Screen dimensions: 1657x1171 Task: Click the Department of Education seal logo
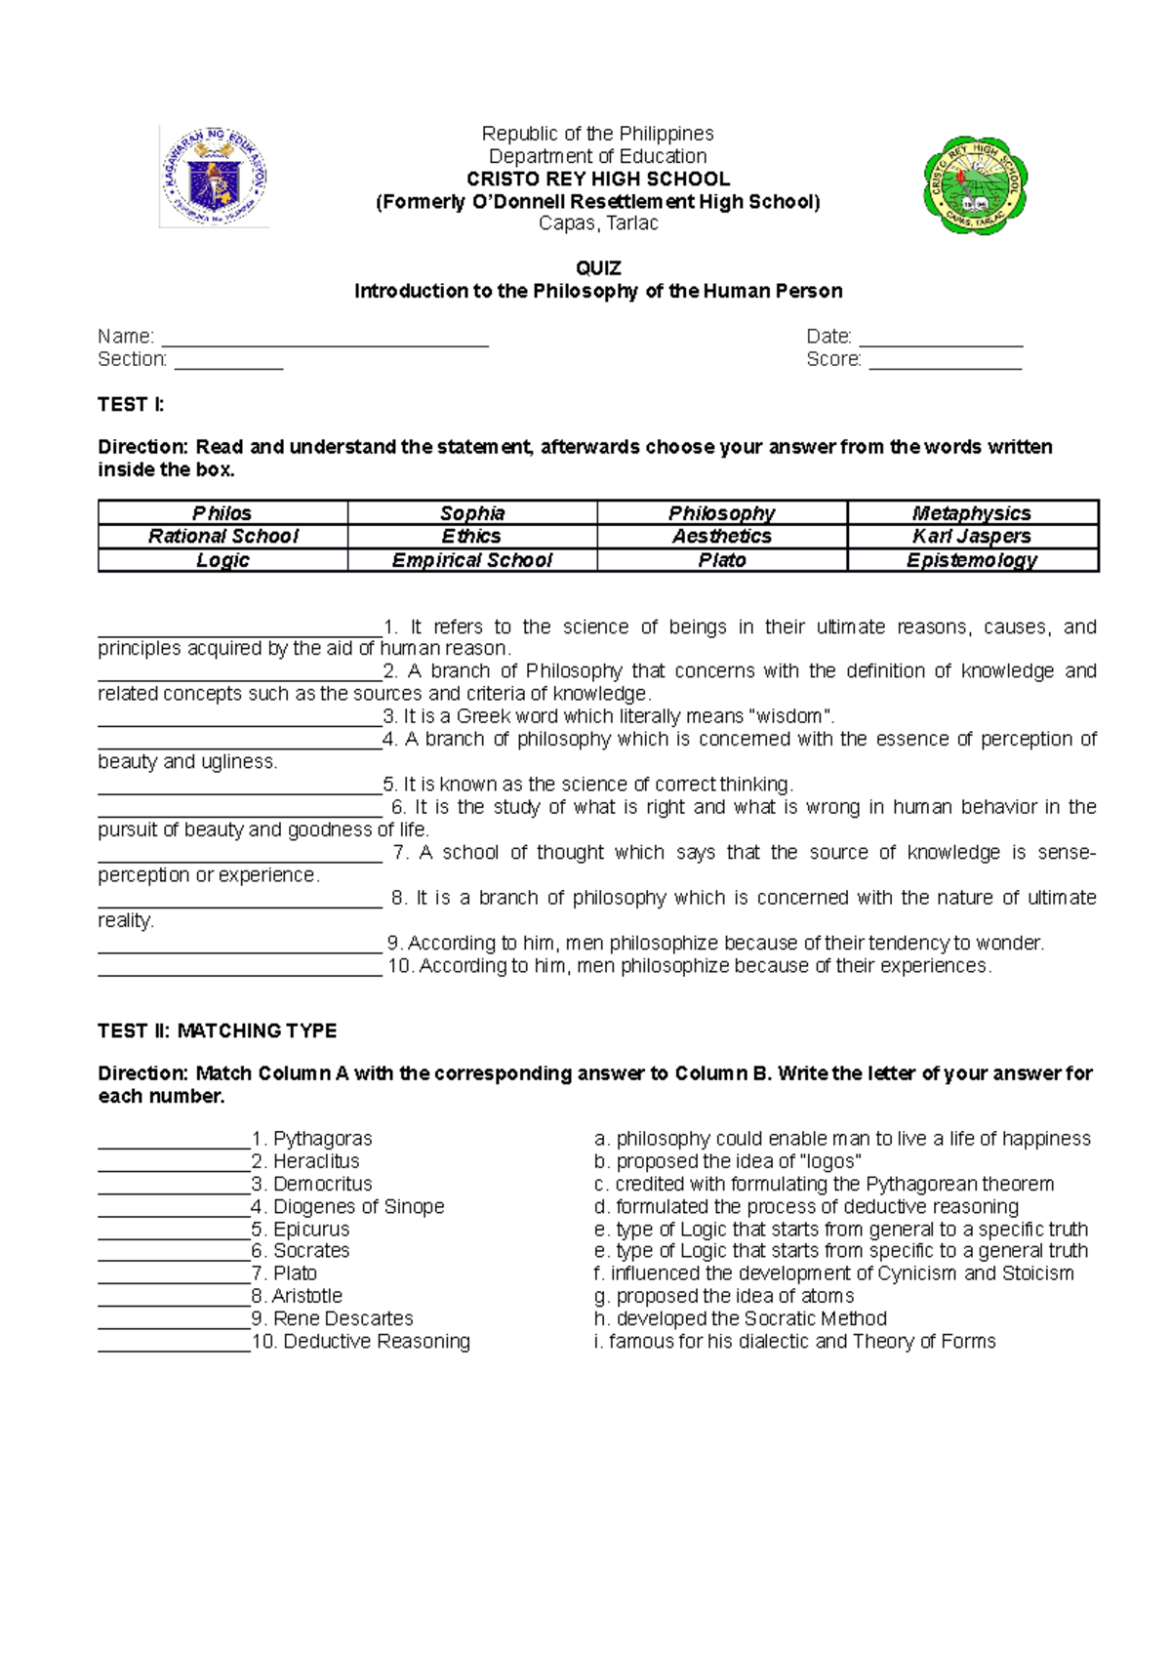click(215, 178)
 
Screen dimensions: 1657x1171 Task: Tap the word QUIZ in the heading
click(598, 268)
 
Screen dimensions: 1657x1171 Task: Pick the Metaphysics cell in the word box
click(972, 513)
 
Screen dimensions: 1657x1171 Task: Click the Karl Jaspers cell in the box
click(972, 536)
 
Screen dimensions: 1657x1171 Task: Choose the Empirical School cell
click(472, 560)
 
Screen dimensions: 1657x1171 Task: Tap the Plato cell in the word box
click(722, 560)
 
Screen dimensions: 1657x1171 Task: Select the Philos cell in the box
click(222, 513)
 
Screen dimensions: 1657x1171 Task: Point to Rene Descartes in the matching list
click(343, 1318)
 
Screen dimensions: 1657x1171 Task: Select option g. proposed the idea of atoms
click(724, 1296)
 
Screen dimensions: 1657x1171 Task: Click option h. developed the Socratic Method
click(740, 1318)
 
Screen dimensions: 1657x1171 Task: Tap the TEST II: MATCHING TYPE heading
click(217, 1031)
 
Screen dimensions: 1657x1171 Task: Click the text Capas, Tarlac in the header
click(598, 223)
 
